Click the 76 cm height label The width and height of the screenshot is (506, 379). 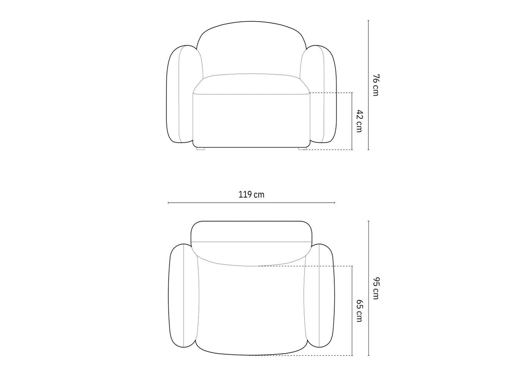(376, 85)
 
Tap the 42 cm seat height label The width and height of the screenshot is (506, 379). (359, 121)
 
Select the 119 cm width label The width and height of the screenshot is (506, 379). (251, 195)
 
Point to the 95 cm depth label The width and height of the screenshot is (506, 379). (376, 288)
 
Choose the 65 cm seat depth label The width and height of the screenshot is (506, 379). (359, 311)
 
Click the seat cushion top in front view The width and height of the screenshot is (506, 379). (251, 84)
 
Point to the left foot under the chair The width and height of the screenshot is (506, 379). (200, 149)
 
